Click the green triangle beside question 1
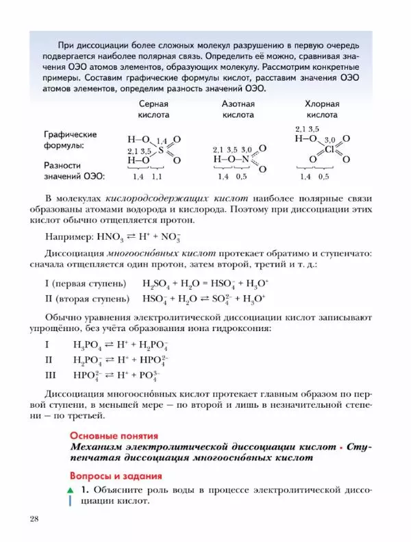[70, 491]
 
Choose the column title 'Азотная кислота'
[238, 109]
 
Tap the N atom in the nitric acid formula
[242, 159]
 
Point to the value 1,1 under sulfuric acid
[157, 176]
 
